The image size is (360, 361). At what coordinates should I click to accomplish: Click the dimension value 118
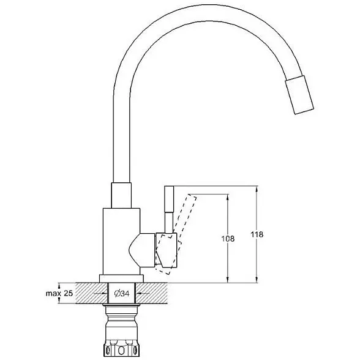(x=257, y=234)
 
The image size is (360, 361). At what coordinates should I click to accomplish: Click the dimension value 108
(x=228, y=239)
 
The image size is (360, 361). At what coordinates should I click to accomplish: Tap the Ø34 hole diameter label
(x=122, y=293)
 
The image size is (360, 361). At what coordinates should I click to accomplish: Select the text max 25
(x=59, y=293)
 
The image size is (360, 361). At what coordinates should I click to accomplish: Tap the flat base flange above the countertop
(x=121, y=278)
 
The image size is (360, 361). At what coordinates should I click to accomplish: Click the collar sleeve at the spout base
(x=121, y=195)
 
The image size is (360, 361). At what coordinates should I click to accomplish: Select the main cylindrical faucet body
(x=121, y=241)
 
